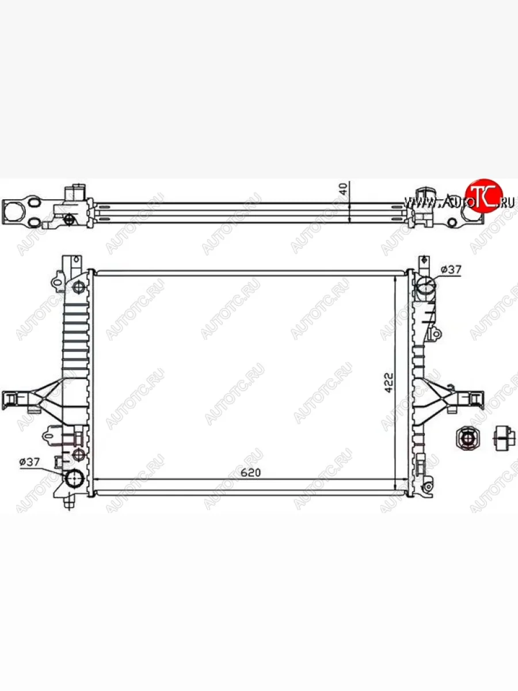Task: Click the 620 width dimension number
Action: [251, 473]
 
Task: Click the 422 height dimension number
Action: [389, 383]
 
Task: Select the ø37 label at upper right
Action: [451, 269]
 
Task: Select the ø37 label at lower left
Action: [29, 462]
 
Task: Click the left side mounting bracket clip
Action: [9, 400]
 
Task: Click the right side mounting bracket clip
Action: [475, 399]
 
